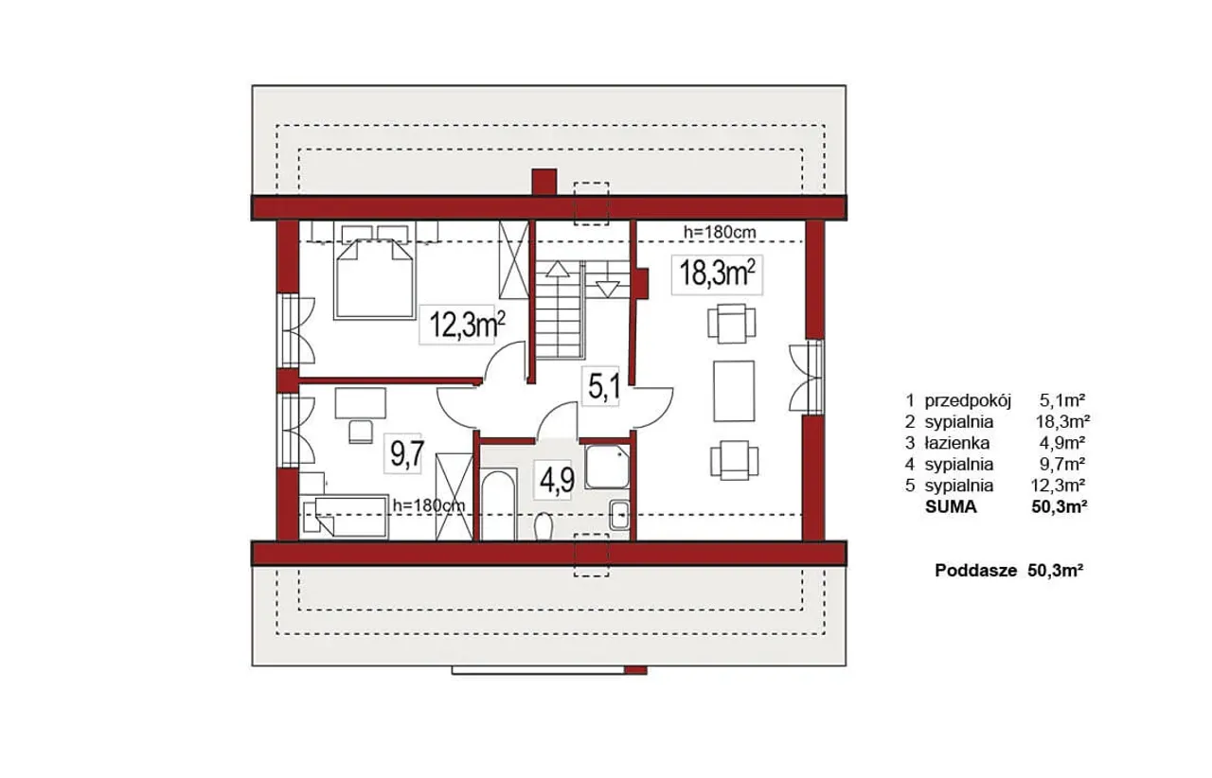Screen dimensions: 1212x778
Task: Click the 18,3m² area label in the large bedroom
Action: [x=717, y=274]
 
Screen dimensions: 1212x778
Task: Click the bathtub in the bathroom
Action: [x=498, y=504]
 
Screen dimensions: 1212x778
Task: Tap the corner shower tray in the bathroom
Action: [x=607, y=467]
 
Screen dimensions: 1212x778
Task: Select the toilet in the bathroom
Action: [x=543, y=526]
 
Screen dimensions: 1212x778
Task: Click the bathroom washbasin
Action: [x=619, y=515]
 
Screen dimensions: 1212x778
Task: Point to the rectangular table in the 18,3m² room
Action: [x=734, y=391]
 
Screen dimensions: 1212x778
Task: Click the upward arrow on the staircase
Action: [x=558, y=269]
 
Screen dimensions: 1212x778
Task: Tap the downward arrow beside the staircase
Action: [x=608, y=290]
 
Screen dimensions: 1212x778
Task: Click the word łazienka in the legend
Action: [x=957, y=443]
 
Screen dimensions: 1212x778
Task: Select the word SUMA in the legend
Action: [x=952, y=507]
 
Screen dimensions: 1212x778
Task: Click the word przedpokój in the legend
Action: [x=968, y=401]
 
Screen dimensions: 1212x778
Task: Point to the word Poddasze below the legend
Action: [x=976, y=571]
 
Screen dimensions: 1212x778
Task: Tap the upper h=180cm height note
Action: [x=720, y=232]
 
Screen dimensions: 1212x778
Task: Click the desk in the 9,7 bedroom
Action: [x=361, y=403]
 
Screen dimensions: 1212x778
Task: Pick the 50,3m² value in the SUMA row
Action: [x=1060, y=506]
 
